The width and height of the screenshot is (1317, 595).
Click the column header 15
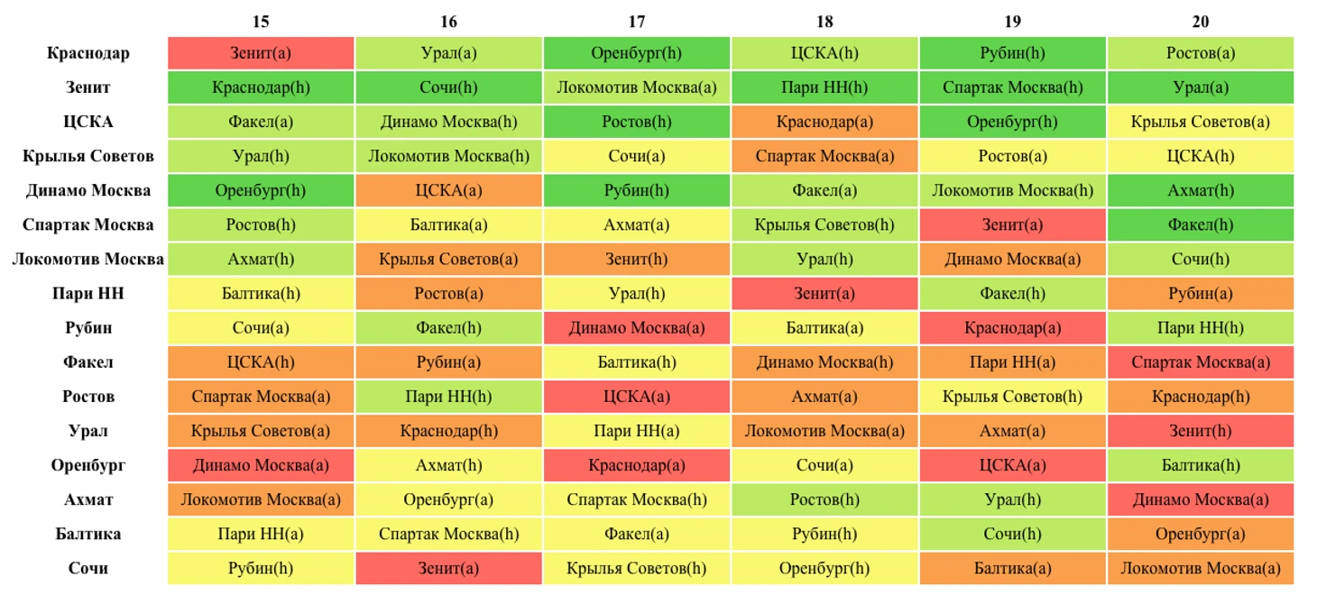(261, 22)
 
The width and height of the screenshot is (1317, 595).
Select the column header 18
(824, 22)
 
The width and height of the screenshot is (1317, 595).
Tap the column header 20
(1201, 22)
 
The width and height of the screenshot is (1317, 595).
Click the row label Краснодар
(88, 53)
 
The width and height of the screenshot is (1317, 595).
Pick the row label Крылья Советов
(88, 156)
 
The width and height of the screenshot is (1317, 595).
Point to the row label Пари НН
(88, 294)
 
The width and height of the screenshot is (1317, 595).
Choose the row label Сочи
(88, 569)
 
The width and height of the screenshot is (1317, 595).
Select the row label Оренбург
(88, 465)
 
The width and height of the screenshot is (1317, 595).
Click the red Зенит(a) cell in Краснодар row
(261, 53)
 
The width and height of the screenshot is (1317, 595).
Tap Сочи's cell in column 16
(448, 569)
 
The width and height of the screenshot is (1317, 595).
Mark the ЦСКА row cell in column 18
(824, 122)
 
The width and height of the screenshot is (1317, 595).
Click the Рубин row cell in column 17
(637, 328)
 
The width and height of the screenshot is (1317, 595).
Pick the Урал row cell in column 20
(1201, 431)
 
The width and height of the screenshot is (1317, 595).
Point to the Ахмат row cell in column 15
(261, 499)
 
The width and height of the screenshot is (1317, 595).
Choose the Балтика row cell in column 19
(1012, 534)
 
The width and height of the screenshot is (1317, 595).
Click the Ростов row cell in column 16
(448, 397)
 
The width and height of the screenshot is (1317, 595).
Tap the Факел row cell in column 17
(637, 362)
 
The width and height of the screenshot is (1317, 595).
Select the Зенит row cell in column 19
(1012, 87)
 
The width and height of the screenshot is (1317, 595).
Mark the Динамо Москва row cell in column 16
(448, 190)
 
